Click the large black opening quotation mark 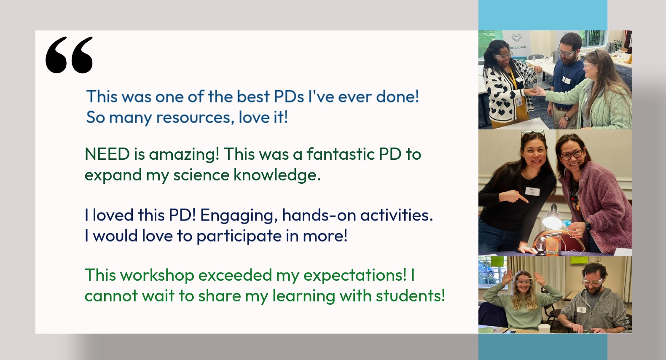tap(69, 55)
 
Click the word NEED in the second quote tap(107, 154)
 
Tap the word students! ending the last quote tap(410, 296)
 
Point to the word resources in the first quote tap(193, 118)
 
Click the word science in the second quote tap(201, 175)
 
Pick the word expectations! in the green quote tap(355, 276)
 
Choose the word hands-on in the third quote tap(319, 215)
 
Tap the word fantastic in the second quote tap(341, 154)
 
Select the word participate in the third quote tap(239, 237)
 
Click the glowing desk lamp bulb tap(552, 222)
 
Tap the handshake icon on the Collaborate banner tap(517, 38)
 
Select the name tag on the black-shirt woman tap(532, 191)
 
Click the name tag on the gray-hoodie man tap(581, 309)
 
